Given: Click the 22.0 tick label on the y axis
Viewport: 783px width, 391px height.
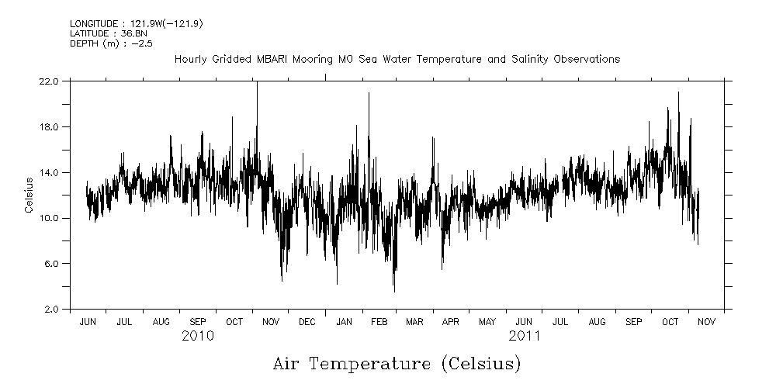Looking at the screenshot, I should pyautogui.click(x=49, y=81).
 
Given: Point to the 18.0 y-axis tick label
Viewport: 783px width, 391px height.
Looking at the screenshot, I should pyautogui.click(x=49, y=126).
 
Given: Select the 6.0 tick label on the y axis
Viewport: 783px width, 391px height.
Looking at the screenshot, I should pyautogui.click(x=51, y=264).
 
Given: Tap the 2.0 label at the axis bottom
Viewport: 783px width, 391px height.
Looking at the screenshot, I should pyautogui.click(x=51, y=310).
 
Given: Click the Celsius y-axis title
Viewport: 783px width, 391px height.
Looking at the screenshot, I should pyautogui.click(x=29, y=195).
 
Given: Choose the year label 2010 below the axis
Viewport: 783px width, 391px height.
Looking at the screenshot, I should pyautogui.click(x=197, y=336).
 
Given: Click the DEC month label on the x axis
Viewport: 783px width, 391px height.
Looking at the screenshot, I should pyautogui.click(x=307, y=321).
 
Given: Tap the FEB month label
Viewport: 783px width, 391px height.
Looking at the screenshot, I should pyautogui.click(x=379, y=321).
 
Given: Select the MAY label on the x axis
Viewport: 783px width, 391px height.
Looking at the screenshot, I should pyautogui.click(x=487, y=321).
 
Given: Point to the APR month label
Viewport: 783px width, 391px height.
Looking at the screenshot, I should pyautogui.click(x=451, y=321).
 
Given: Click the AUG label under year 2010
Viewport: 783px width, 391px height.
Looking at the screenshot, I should pyautogui.click(x=161, y=321).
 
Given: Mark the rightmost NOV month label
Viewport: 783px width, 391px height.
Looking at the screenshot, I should pyautogui.click(x=706, y=321).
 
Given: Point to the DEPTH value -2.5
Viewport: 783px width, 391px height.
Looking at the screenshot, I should pyautogui.click(x=141, y=43).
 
